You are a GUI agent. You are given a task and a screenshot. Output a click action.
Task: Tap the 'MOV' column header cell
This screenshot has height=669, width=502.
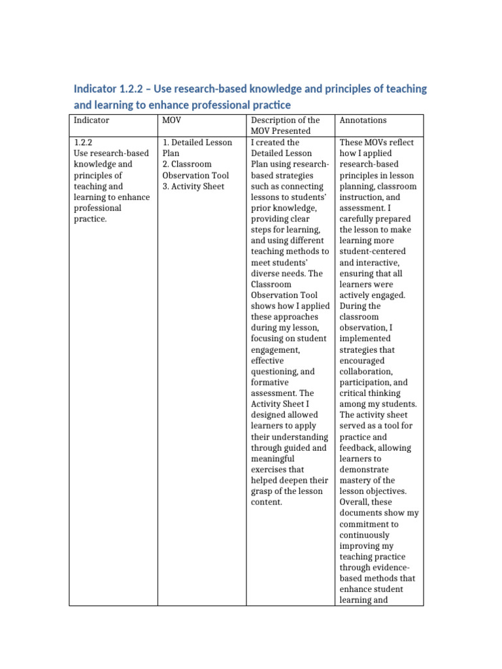(169, 120)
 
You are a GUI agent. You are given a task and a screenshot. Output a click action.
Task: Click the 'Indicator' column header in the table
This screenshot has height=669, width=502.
(92, 120)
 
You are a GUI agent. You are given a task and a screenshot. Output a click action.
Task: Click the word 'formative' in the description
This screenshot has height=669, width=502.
(269, 382)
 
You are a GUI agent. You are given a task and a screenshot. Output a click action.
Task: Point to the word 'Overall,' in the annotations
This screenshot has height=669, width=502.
(357, 502)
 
